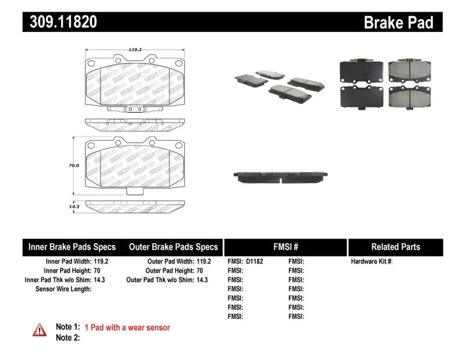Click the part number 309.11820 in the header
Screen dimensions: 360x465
60,22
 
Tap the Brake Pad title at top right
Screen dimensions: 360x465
398,23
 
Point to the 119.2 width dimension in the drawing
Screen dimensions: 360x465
135,50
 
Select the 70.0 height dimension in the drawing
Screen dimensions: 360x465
73,166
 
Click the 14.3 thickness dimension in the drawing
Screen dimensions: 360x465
73,206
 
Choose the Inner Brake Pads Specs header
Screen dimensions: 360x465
72,247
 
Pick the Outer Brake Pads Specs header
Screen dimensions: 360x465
173,247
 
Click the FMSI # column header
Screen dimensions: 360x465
285,247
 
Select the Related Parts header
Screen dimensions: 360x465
395,247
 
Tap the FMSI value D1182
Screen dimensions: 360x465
255,262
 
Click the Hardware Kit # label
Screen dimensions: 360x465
372,262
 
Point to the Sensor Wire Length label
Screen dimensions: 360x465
63,289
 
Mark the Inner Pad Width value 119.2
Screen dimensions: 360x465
100,262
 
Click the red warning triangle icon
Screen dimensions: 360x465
40,330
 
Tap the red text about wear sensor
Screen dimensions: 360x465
127,327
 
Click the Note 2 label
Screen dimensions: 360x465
67,337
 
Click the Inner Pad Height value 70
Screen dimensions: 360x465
96,271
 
